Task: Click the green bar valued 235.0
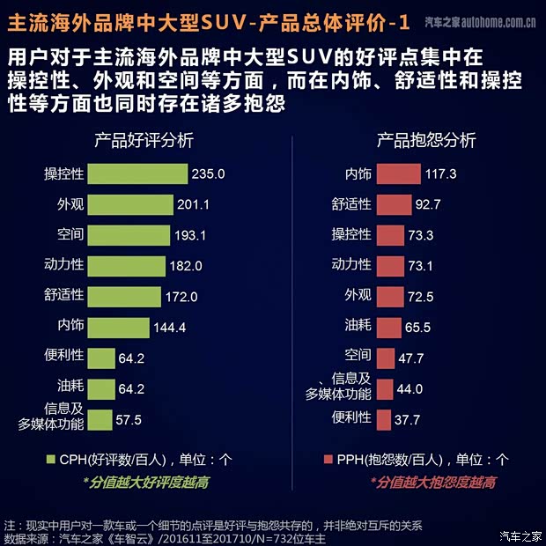[137, 173]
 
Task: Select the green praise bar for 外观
[130, 204]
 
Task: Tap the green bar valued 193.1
[129, 235]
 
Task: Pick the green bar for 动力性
[127, 265]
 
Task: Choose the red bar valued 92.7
[394, 204]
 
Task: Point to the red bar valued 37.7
[383, 419]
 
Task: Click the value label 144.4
[170, 328]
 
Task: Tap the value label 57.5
[129, 420]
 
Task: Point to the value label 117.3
[440, 174]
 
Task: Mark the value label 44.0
[410, 389]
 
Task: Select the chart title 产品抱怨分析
[426, 140]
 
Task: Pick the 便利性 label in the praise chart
[63, 357]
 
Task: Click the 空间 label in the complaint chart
[358, 358]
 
